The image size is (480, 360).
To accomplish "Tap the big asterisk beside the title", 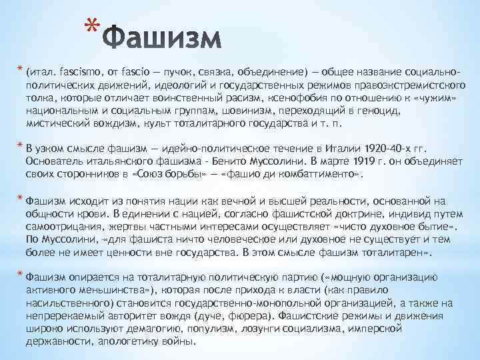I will [x=93, y=29].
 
